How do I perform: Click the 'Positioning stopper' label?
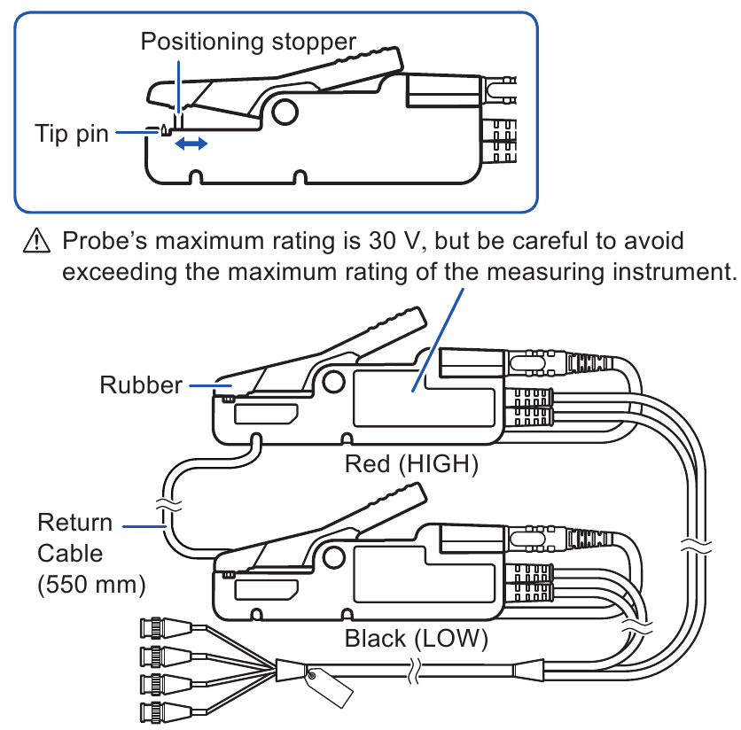pyautogui.click(x=248, y=42)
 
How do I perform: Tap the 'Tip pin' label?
pyautogui.click(x=72, y=134)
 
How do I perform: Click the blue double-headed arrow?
pyautogui.click(x=191, y=143)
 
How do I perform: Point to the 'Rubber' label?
pyautogui.click(x=140, y=385)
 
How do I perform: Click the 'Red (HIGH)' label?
pyautogui.click(x=411, y=463)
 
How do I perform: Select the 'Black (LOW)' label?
pyautogui.click(x=416, y=638)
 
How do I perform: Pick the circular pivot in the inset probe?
pyautogui.click(x=285, y=110)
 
